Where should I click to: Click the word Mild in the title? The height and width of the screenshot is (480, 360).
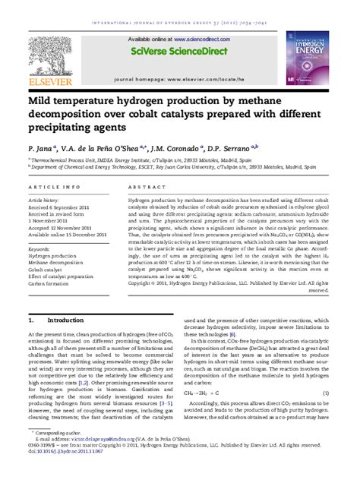click(42, 99)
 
